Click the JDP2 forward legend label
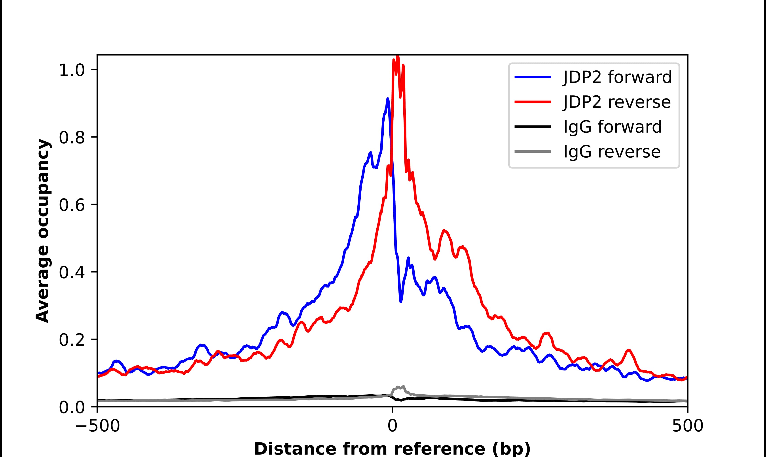click(x=617, y=77)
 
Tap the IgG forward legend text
click(x=612, y=127)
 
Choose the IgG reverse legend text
click(x=612, y=152)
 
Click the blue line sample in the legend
click(x=533, y=77)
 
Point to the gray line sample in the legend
click(x=533, y=151)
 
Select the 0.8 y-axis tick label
click(x=72, y=138)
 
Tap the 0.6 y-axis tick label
click(x=72, y=205)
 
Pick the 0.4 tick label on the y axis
click(x=72, y=273)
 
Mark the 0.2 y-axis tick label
click(x=72, y=340)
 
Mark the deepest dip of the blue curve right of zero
click(x=401, y=302)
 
